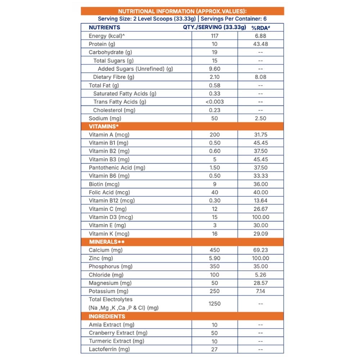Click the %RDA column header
(261, 28)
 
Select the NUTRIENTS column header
(104, 27)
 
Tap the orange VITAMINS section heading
(104, 126)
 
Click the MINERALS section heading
(107, 242)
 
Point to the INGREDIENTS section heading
(107, 316)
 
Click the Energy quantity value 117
(215, 36)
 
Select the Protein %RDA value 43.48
(261, 44)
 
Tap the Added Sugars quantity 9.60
(215, 69)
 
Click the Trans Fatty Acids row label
(120, 102)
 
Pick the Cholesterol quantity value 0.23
(215, 110)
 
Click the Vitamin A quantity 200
(215, 135)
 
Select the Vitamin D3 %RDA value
(261, 217)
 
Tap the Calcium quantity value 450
(215, 250)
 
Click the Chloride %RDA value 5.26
(261, 275)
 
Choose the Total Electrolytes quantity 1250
(215, 303)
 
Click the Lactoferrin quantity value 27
(215, 349)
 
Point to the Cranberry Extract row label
(118, 333)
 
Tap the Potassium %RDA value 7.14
(261, 291)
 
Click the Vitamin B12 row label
(112, 201)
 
